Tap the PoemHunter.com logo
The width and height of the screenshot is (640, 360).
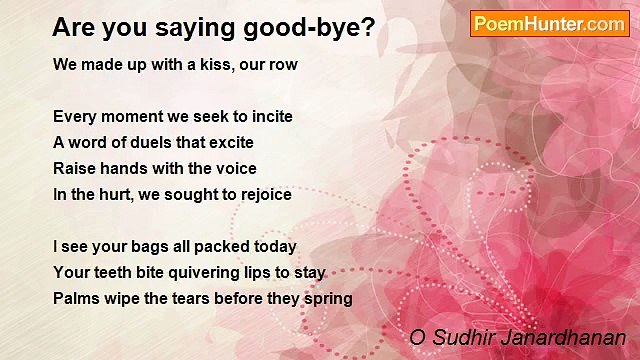coord(549,24)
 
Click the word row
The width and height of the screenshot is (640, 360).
coord(284,64)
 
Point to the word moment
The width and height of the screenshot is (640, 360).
coord(130,117)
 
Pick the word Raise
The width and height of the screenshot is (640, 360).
coord(75,169)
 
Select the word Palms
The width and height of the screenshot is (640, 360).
coord(75,299)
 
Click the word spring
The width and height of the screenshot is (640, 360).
coord(328,299)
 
